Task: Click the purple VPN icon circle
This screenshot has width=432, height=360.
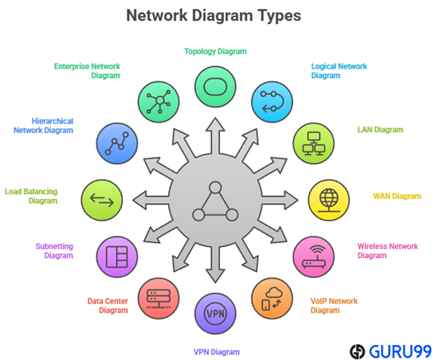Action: [x=215, y=314]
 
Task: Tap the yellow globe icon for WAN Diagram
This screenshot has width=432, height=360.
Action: [x=328, y=200]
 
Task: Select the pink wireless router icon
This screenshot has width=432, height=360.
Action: [x=313, y=256]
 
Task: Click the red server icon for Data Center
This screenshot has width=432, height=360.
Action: [x=159, y=299]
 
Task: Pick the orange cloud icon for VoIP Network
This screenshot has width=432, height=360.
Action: [x=272, y=299]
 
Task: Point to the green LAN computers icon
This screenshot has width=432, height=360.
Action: [x=313, y=143]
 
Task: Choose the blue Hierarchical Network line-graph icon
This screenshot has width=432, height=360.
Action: [x=117, y=143]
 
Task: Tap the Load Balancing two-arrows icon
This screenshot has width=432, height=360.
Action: [x=102, y=200]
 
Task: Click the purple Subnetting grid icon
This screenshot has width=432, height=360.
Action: [x=117, y=256]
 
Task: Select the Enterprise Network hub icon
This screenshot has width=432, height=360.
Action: [x=159, y=102]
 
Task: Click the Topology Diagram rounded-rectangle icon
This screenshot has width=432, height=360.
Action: [x=215, y=87]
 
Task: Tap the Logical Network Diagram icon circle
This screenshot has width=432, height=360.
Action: [x=272, y=102]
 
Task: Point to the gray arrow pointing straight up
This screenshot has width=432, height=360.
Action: [x=215, y=135]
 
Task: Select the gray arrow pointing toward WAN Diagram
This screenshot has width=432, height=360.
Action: [x=280, y=200]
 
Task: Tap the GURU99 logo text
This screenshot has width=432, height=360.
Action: [x=400, y=351]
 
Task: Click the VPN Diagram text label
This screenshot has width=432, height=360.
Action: [x=216, y=352]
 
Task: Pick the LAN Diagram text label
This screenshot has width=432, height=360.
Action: [x=380, y=129]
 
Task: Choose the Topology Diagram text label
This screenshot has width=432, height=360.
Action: [x=215, y=52]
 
